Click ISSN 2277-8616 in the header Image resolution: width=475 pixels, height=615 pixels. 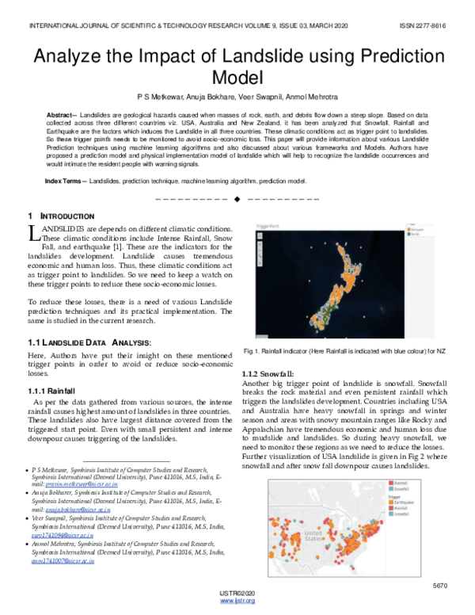click(419, 25)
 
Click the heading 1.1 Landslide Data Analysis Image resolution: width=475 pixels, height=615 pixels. click(87, 342)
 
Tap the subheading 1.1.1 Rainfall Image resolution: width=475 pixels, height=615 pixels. click(52, 391)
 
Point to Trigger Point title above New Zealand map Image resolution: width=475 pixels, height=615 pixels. click(269, 226)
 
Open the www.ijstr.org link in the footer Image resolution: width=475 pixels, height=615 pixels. click(237, 602)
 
